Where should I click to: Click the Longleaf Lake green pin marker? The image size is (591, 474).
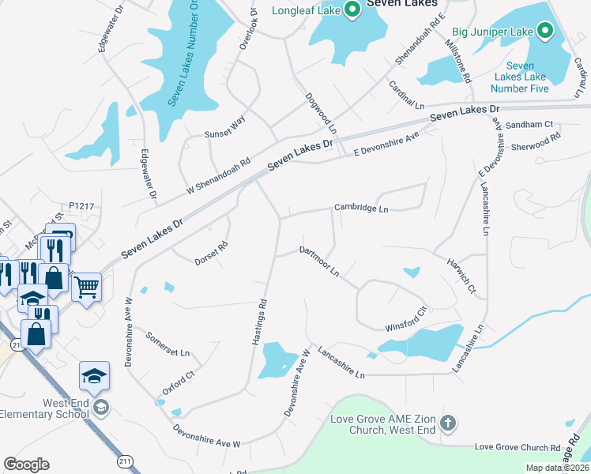(352, 10)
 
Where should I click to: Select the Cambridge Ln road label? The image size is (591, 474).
(361, 208)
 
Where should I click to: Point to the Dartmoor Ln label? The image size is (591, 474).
(319, 261)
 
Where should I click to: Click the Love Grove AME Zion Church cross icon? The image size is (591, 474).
(448, 423)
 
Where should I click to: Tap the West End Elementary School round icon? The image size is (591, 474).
(100, 408)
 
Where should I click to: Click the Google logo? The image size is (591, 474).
(26, 465)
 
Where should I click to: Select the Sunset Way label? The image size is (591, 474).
(225, 128)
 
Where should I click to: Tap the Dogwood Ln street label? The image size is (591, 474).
(321, 113)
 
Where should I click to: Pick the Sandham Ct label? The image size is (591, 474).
(532, 125)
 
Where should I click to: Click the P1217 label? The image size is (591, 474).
(81, 206)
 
